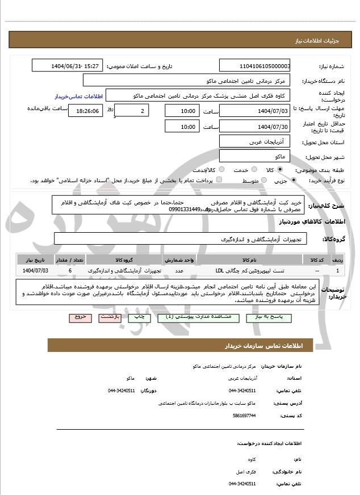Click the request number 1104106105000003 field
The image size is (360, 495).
[254, 66]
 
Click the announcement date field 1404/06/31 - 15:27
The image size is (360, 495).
[68, 66]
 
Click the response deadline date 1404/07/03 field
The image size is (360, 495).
[254, 111]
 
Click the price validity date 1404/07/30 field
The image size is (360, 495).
[254, 126]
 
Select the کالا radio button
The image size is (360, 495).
[279, 170]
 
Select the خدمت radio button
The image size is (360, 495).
[248, 170]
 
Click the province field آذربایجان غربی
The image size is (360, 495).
[254, 141]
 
